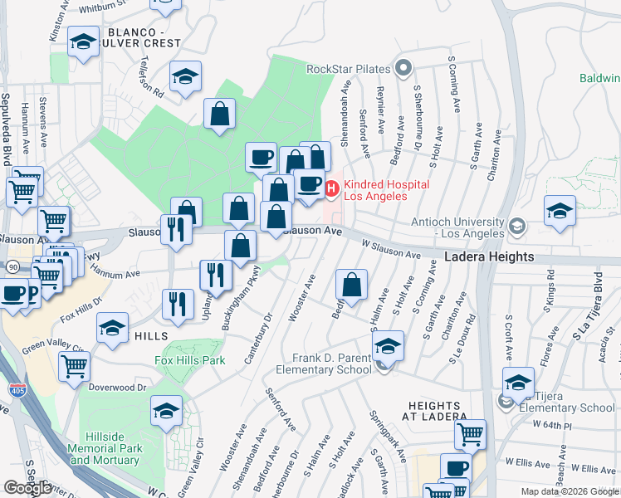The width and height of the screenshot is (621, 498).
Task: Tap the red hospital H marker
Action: (x=332, y=190)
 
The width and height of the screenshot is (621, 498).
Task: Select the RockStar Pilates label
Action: (x=349, y=69)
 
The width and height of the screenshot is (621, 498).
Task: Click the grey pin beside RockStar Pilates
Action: (x=404, y=68)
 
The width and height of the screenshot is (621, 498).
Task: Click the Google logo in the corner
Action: (x=27, y=488)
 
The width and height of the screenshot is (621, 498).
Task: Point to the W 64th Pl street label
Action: (x=584, y=425)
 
